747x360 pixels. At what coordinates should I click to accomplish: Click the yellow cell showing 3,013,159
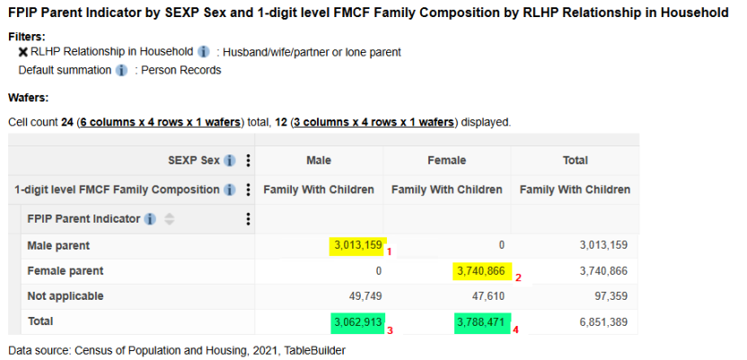click(357, 245)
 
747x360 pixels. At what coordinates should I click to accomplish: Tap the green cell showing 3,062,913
click(357, 321)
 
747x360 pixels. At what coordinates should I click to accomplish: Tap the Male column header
click(319, 161)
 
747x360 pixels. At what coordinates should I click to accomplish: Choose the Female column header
click(447, 161)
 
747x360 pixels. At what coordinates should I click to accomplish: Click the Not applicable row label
click(66, 295)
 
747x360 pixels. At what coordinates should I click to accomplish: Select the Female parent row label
click(66, 270)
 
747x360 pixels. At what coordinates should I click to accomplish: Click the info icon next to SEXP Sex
click(230, 161)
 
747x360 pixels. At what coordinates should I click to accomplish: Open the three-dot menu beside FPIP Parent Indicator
click(248, 219)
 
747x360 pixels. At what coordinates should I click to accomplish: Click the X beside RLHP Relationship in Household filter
click(22, 52)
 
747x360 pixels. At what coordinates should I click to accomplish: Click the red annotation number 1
click(390, 252)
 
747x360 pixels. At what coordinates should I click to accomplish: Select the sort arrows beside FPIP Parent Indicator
click(170, 219)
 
